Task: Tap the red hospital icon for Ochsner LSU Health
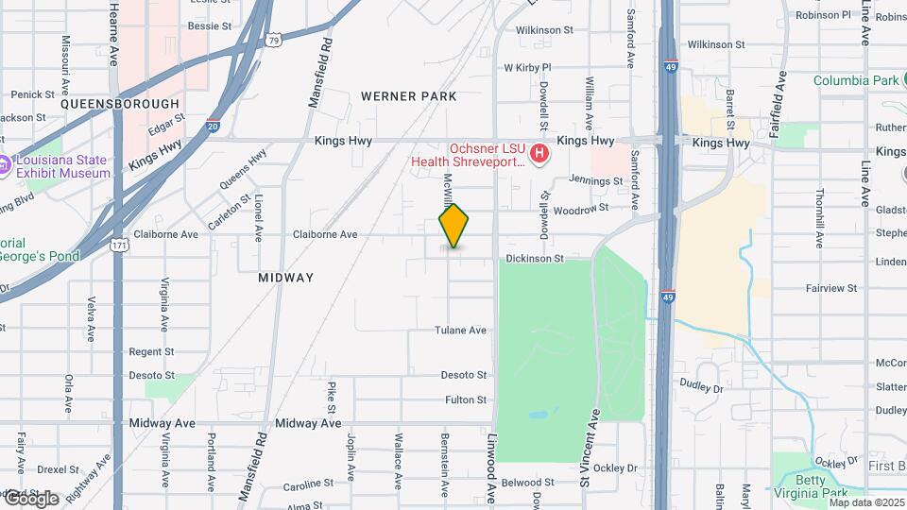coord(539,152)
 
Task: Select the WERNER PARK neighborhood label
coord(408,96)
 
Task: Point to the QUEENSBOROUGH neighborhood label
coord(120,104)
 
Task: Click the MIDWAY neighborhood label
coord(285,278)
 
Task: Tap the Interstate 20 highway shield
coord(212,125)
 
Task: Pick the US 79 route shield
coord(273,40)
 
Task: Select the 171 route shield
coord(119,245)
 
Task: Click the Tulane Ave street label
coord(460,331)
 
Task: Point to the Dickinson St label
coord(534,258)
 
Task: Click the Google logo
coord(31,498)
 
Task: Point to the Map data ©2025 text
coord(866,502)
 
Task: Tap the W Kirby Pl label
coord(526,68)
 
